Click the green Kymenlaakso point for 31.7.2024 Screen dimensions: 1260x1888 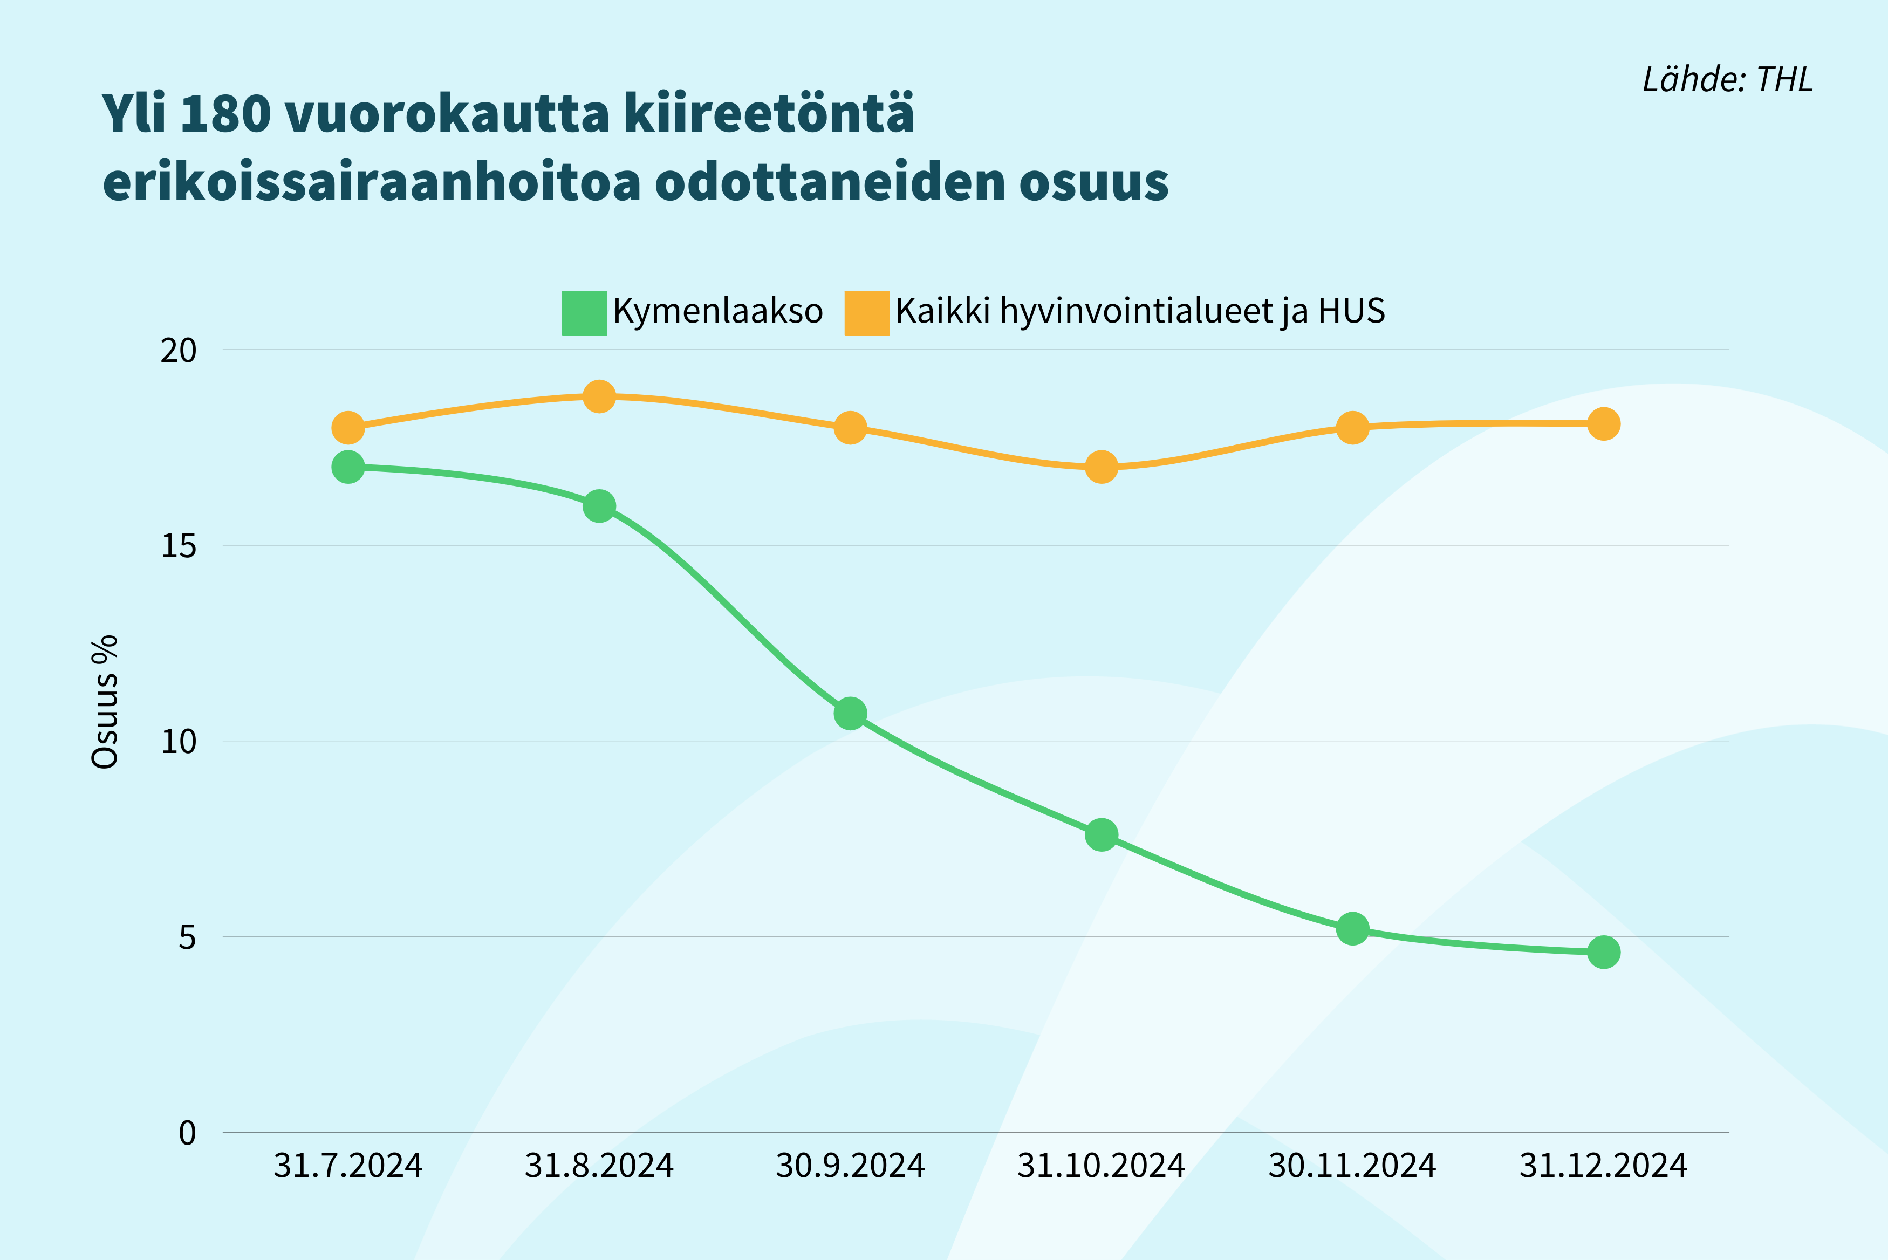(348, 467)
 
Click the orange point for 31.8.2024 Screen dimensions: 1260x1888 (599, 396)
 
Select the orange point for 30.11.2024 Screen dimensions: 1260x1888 (1352, 428)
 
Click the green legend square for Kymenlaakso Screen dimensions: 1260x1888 (584, 313)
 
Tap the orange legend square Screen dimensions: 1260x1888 (867, 313)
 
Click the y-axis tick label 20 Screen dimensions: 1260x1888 (179, 351)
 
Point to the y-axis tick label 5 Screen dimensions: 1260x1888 (187, 937)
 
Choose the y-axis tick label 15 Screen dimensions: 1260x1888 (179, 546)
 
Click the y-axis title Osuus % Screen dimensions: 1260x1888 (105, 702)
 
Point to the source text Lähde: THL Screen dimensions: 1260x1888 (1727, 79)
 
